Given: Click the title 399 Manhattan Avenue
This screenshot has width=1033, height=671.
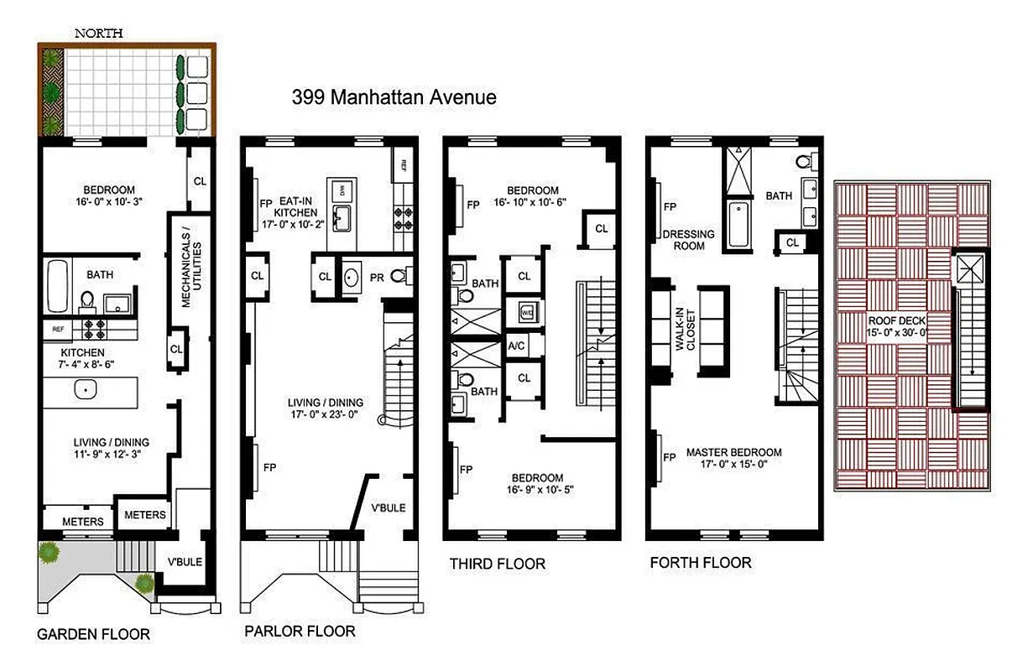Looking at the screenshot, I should coord(394,96).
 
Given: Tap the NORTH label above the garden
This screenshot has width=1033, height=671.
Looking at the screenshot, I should coord(99,34).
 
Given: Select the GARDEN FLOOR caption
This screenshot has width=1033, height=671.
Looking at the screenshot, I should coord(93,634).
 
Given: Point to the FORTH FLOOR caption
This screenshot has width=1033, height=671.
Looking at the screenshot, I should coord(701,562).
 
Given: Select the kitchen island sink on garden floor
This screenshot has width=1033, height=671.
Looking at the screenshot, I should coord(84,389).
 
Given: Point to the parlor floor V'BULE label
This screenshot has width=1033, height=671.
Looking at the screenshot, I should coord(389,508).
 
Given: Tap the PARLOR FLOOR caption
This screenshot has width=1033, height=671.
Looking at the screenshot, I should coord(300,631).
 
